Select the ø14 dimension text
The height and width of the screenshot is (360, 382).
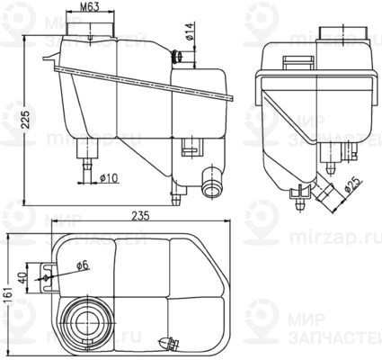tap(191, 36)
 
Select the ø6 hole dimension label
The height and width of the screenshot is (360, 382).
tap(83, 265)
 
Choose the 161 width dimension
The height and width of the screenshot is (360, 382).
tap(8, 292)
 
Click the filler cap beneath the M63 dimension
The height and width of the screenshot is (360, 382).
tap(91, 32)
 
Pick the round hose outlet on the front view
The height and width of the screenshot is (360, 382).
tap(212, 186)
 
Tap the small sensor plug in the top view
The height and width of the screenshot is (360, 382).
tap(165, 343)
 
